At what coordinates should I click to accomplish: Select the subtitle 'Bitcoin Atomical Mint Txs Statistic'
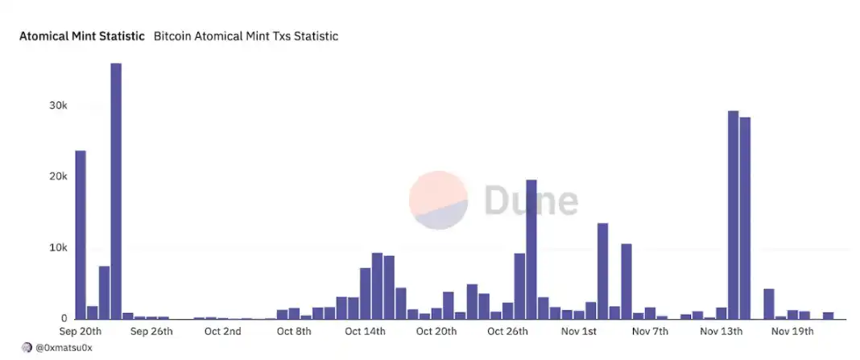[x=246, y=36]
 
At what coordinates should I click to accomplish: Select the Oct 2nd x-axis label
[x=222, y=331]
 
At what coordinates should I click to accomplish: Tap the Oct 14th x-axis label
[x=366, y=331]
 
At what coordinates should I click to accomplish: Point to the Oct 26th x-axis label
[x=507, y=331]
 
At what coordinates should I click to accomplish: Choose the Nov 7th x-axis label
[x=650, y=331]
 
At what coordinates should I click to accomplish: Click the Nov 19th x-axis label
[x=792, y=331]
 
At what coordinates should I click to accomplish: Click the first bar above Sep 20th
[x=81, y=234]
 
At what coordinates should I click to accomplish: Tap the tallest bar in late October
[x=531, y=249]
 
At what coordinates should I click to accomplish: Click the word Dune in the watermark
[x=531, y=199]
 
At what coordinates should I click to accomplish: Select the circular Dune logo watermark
[x=438, y=200]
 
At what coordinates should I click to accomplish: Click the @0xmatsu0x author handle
[x=65, y=347]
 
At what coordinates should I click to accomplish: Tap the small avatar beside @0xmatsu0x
[x=27, y=347]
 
